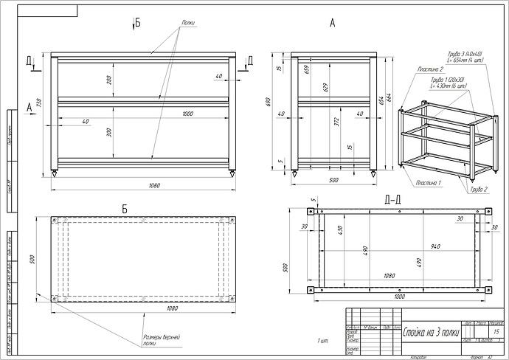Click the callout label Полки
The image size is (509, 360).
[187, 23]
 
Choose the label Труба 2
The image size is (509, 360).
[478, 190]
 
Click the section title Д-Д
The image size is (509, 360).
[392, 199]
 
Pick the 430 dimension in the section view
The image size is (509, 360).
[341, 230]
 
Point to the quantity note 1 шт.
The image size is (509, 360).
[322, 341]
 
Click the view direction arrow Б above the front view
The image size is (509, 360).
[136, 23]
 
